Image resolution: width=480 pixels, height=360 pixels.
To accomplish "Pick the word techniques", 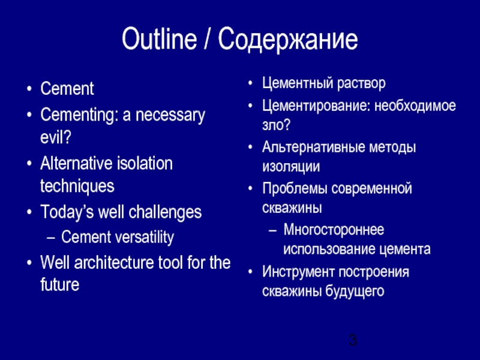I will (77, 186).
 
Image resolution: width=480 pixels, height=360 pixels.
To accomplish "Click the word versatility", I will (142, 238).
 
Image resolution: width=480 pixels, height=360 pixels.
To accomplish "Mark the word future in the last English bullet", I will (59, 285).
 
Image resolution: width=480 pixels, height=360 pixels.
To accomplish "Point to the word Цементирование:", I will (316, 106).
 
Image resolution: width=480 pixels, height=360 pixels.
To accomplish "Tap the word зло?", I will (277, 125).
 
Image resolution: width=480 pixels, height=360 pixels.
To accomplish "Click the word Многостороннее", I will (335, 230).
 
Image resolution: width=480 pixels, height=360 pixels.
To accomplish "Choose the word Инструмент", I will (298, 271).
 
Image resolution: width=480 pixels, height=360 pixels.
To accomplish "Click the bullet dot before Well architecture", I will (29, 263).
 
